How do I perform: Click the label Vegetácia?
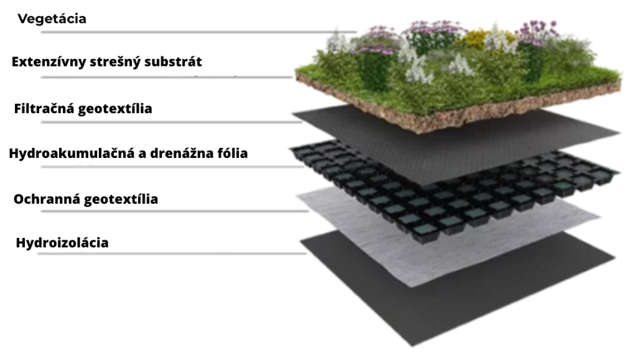point(52,19)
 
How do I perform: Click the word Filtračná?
point(44,109)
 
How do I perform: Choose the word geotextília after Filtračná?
point(114,109)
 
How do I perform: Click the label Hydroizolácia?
point(62,242)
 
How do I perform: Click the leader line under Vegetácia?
point(199,32)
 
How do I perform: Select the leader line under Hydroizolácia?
point(172,254)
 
